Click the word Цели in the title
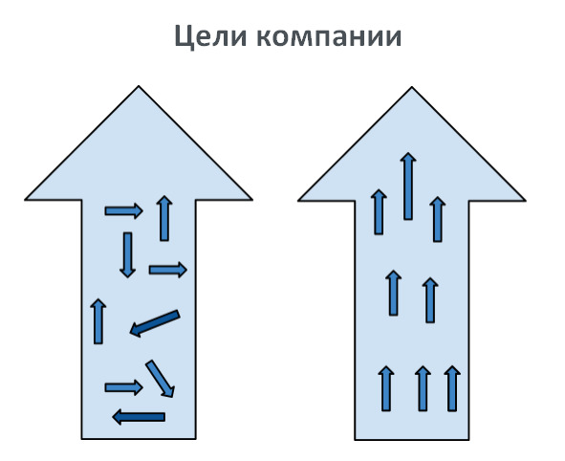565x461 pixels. pyautogui.click(x=210, y=36)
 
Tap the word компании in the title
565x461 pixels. pyautogui.click(x=329, y=37)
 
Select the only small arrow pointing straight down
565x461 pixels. pyautogui.click(x=127, y=254)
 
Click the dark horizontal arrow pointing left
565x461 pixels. pyautogui.click(x=139, y=417)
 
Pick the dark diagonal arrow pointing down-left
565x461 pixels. pyautogui.click(x=155, y=323)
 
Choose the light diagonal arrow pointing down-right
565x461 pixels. pyautogui.click(x=161, y=379)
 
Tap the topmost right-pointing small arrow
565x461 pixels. pyautogui.click(x=123, y=210)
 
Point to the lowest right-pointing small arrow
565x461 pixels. pyautogui.click(x=123, y=387)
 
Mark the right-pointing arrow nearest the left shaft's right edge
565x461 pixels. pyautogui.click(x=168, y=270)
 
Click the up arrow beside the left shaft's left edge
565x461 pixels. pyautogui.click(x=98, y=321)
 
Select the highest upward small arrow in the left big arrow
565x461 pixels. pyautogui.click(x=164, y=218)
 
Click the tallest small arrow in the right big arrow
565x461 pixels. pyautogui.click(x=408, y=186)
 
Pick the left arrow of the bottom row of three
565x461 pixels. pyautogui.click(x=386, y=388)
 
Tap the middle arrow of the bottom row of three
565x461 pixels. pyautogui.click(x=423, y=388)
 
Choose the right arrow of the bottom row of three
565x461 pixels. pyautogui.click(x=452, y=388)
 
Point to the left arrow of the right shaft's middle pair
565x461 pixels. pyautogui.click(x=394, y=293)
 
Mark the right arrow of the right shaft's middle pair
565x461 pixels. pyautogui.click(x=430, y=300)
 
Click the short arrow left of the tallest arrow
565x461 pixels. pyautogui.click(x=379, y=212)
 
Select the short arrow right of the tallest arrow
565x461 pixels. pyautogui.click(x=438, y=219)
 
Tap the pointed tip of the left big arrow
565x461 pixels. pyautogui.click(x=139, y=86)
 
